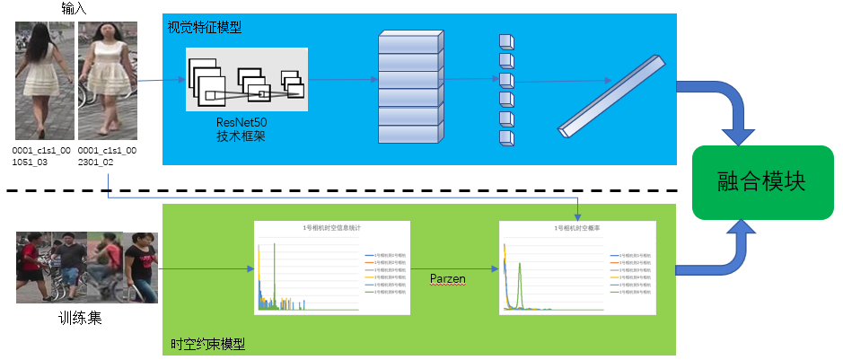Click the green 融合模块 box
(761, 183)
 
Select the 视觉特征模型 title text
(205, 27)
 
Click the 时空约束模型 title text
(207, 344)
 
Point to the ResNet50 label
(241, 121)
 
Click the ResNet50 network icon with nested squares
(246, 79)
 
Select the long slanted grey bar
(613, 96)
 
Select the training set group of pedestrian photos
(86, 268)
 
